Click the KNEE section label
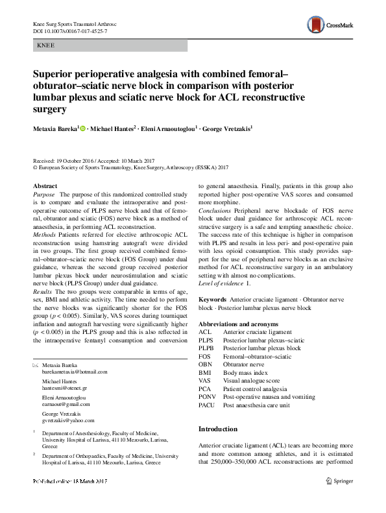coord(46,46)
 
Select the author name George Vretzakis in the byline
coord(223,128)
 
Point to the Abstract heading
coord(45,186)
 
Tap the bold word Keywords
coord(212,300)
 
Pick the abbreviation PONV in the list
coord(207,396)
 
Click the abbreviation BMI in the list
coord(204,372)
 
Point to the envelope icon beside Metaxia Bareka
coord(36,365)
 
